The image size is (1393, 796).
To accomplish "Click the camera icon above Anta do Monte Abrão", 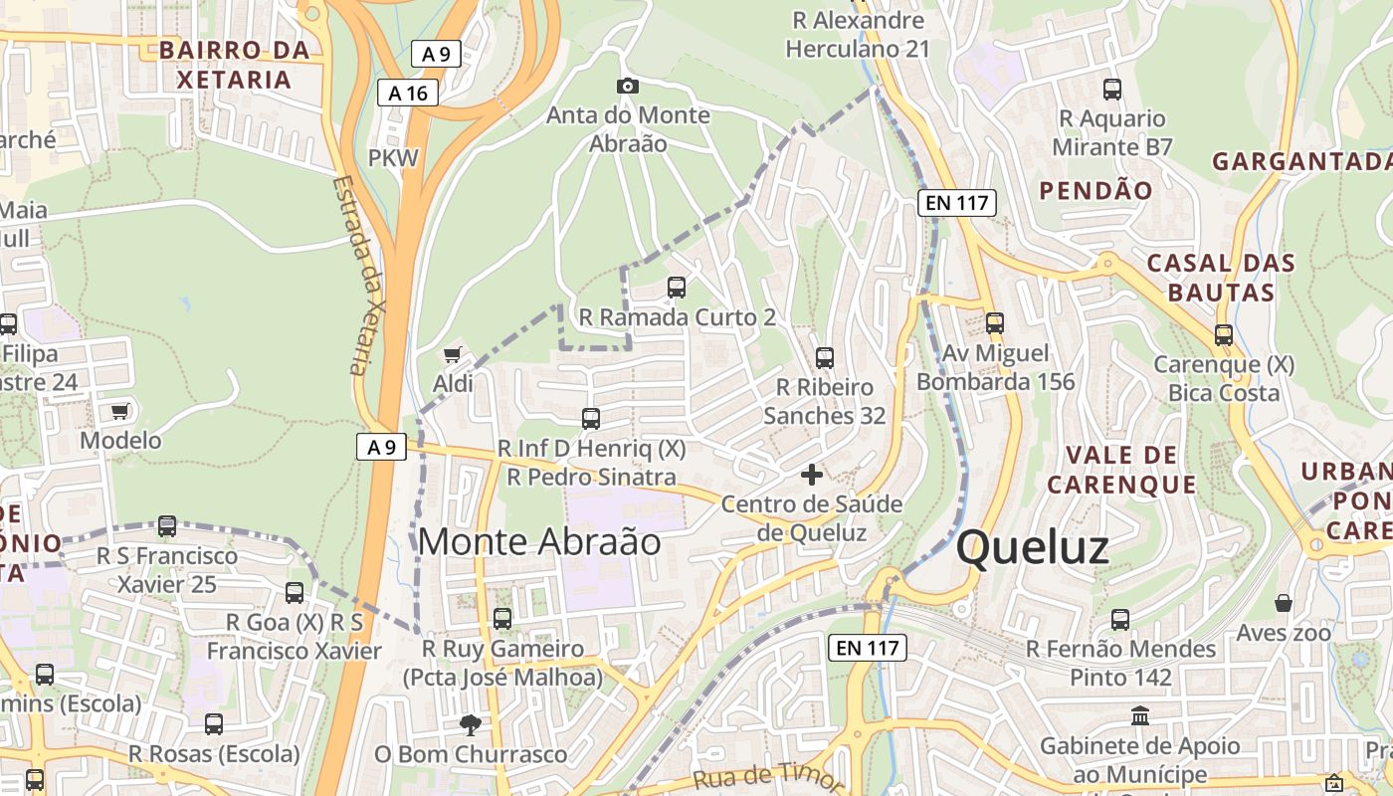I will click(627, 87).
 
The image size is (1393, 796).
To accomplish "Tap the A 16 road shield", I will click(408, 94).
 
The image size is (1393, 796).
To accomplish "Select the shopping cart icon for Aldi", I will click(453, 355).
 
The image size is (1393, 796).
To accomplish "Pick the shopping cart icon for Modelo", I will click(120, 411).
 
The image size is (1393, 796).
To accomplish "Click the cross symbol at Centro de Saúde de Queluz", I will click(812, 475).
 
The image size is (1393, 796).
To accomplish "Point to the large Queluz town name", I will click(1033, 548).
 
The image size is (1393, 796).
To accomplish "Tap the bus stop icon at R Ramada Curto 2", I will click(677, 288).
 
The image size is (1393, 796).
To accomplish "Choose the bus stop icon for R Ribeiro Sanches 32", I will click(824, 357).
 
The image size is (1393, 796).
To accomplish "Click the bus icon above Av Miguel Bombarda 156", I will click(995, 322).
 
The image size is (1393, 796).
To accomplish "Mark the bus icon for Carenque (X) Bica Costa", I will click(1224, 335).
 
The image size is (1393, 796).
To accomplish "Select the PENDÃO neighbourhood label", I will click(1096, 190).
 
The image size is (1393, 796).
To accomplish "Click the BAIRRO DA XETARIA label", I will click(235, 65).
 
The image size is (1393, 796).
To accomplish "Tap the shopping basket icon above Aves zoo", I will click(1284, 603).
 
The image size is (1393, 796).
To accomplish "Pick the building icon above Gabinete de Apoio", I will click(1140, 716).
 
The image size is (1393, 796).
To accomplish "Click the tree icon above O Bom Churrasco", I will click(470, 725).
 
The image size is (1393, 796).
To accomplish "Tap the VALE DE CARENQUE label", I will click(1121, 470).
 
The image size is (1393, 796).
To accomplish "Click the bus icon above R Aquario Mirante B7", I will click(1112, 90).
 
